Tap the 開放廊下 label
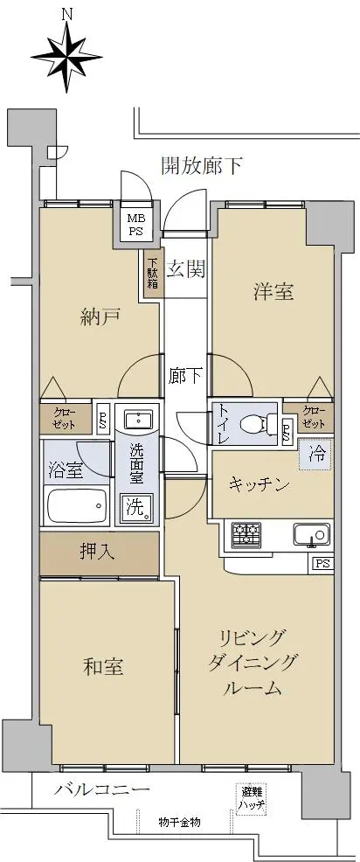pos(202,165)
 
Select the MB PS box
pos(135,224)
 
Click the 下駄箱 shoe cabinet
pos(151,273)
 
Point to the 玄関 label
pos(186,269)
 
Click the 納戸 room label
pos(100,317)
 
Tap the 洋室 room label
pos(273,291)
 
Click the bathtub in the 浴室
pos(76,506)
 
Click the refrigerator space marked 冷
pos(316,454)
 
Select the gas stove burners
pos(246,535)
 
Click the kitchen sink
pos(312,534)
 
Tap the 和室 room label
pos(103,667)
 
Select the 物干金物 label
pos(179,823)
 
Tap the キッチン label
pos(259,484)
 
